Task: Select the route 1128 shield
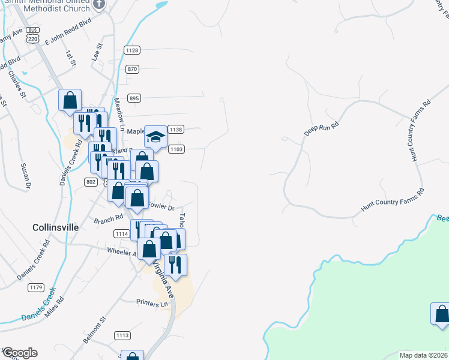tap(132, 50)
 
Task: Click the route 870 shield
tap(133, 69)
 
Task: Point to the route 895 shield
tap(134, 98)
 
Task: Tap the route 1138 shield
tap(176, 130)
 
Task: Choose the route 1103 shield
tap(176, 149)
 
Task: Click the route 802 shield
tap(91, 181)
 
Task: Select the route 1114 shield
tap(121, 233)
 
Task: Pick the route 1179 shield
tap(35, 288)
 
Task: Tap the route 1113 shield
tap(122, 335)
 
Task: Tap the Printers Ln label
tap(152, 304)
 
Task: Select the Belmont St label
tap(94, 331)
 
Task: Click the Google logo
tap(20, 353)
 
